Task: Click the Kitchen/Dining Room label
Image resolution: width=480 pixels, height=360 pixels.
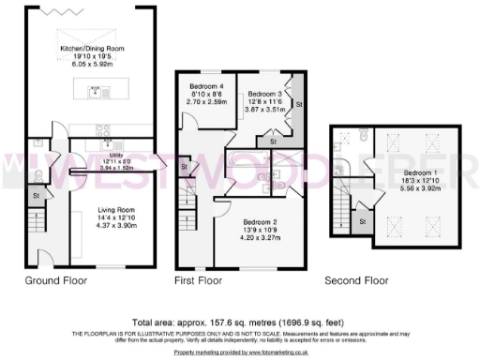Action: (95, 48)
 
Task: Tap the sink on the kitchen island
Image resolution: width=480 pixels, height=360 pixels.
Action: (95, 91)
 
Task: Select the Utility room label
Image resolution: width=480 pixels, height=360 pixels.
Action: (96, 159)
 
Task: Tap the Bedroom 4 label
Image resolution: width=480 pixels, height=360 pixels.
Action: (198, 86)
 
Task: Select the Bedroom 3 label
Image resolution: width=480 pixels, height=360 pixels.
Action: (265, 95)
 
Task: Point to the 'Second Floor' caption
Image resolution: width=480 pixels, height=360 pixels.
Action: (355, 280)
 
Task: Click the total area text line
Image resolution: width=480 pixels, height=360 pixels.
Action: (240, 319)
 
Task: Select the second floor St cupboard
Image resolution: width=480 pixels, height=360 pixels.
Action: (362, 221)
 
